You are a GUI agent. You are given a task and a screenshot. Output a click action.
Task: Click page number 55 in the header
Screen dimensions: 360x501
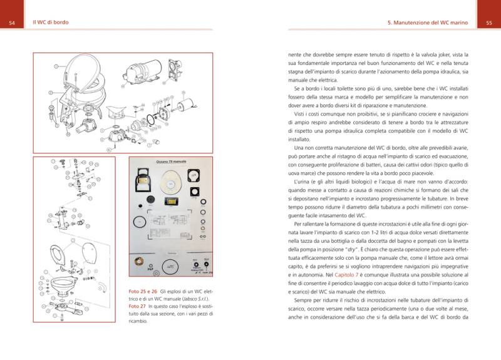point(488,23)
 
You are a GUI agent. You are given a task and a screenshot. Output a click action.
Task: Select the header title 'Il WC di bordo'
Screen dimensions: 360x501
point(51,23)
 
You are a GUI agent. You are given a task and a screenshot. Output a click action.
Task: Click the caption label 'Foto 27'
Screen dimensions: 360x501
point(138,307)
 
